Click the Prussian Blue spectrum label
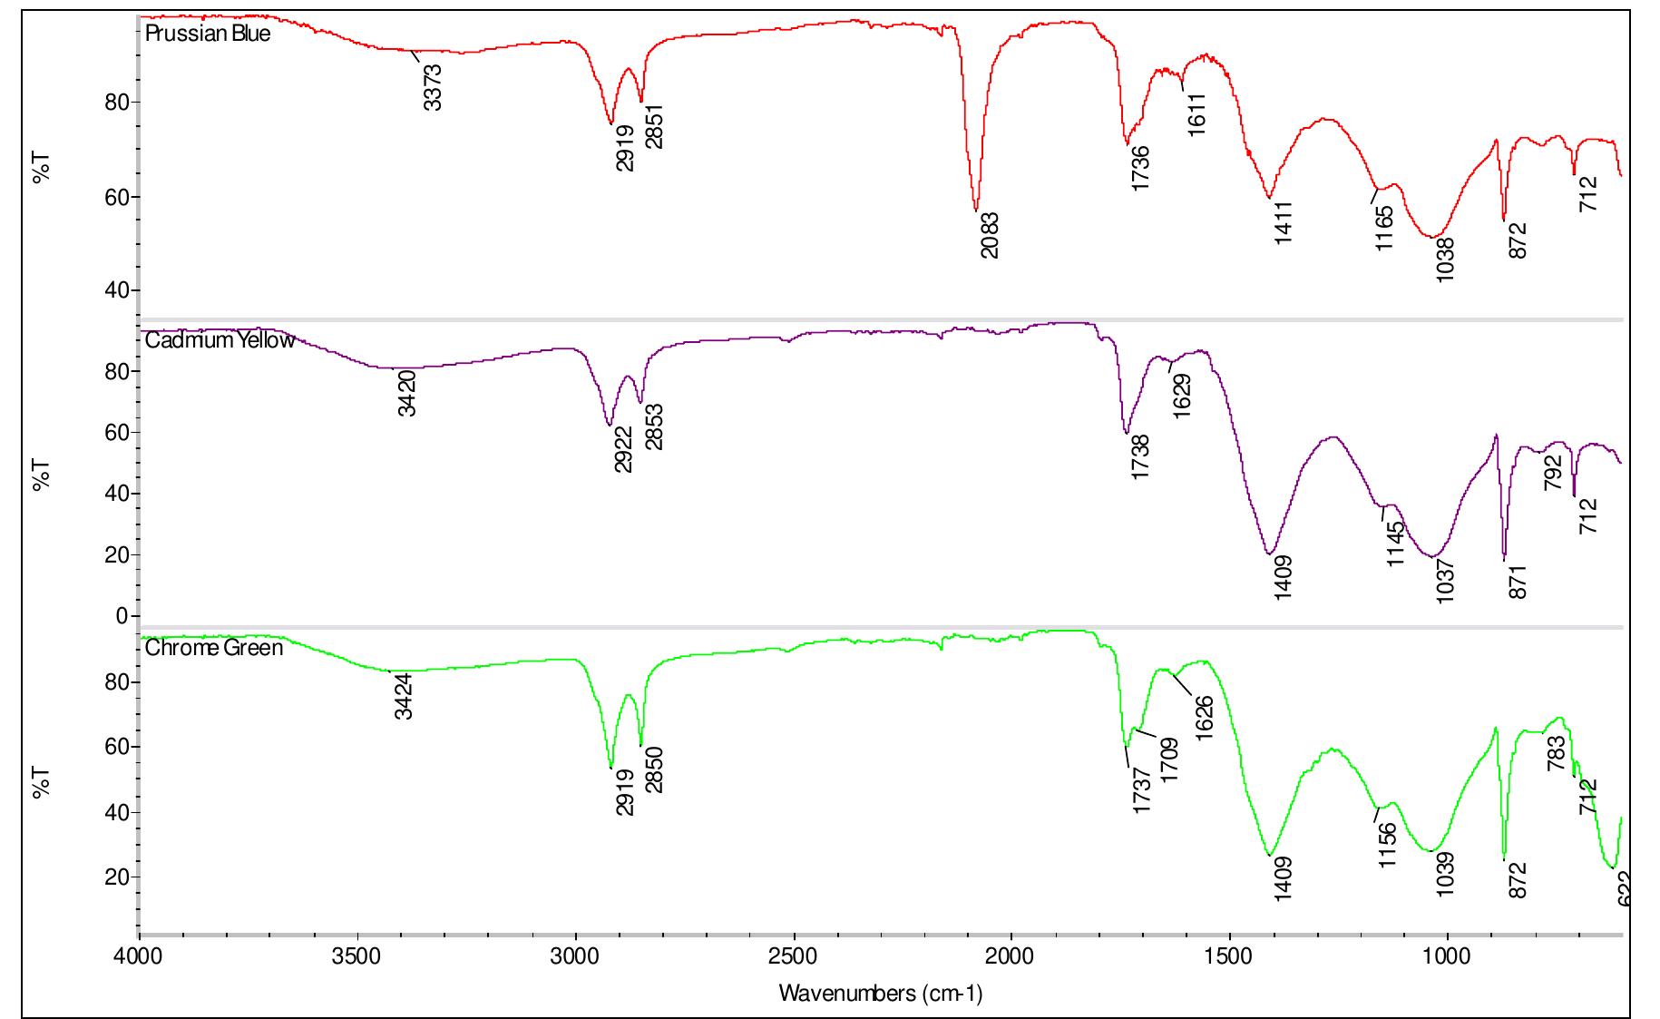tap(208, 35)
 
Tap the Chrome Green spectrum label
tap(214, 649)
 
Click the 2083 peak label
tap(990, 235)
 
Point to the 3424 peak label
tap(405, 697)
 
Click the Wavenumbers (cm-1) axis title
tap(880, 994)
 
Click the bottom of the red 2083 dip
tap(975, 211)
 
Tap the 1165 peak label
tap(1383, 229)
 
